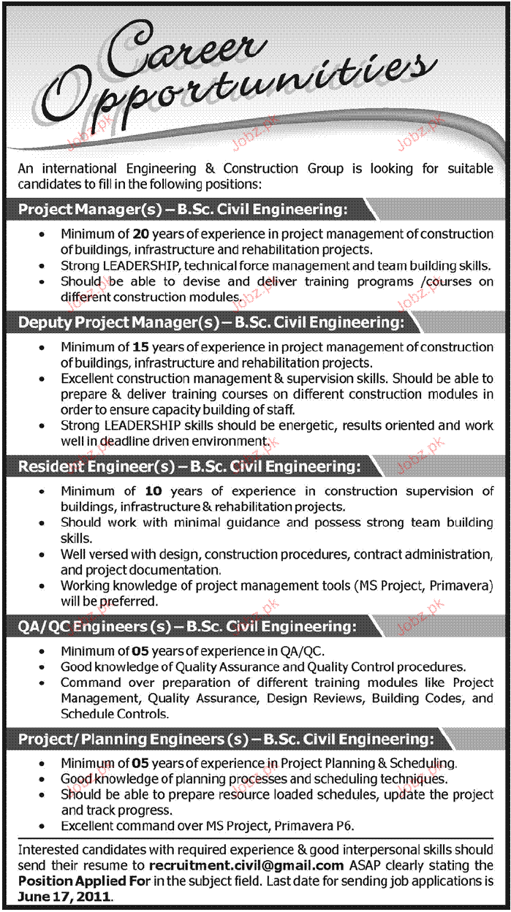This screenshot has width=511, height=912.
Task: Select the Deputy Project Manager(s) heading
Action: click(x=209, y=322)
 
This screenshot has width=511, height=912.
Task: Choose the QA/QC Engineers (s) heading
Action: click(x=187, y=625)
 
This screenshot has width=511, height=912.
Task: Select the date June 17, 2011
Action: click(x=64, y=896)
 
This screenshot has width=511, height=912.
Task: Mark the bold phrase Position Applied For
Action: click(x=75, y=881)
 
